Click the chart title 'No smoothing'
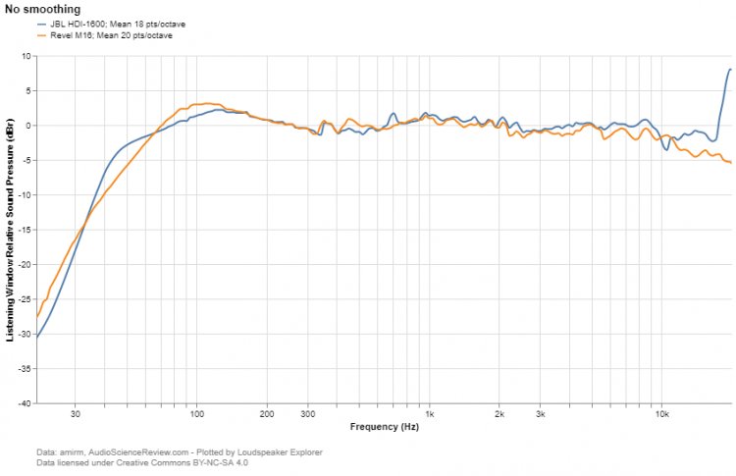(42, 9)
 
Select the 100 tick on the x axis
(196, 414)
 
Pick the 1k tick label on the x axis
(428, 414)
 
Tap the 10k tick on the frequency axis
(661, 414)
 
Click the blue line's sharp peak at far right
(729, 70)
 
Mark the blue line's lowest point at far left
(37, 338)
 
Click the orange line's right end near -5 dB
(730, 162)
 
